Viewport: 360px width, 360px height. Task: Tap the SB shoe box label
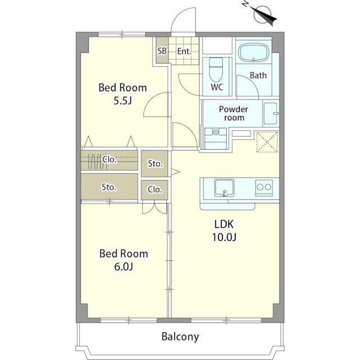pos(162,51)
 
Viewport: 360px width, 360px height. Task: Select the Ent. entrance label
pos(184,51)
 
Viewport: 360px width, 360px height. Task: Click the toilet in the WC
pos(216,69)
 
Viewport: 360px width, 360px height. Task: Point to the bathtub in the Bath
pos(254,53)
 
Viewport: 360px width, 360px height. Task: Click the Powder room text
pos(233,113)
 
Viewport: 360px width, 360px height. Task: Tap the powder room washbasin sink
pos(271,114)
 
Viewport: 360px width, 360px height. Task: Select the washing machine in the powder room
pos(215,138)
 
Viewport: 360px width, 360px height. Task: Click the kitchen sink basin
pos(224,188)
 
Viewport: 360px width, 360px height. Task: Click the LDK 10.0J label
pos(224,231)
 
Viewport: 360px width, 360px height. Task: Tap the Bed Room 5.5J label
pos(123,94)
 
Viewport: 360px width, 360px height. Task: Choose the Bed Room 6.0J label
pos(124,260)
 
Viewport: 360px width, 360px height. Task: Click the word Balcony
pos(180,337)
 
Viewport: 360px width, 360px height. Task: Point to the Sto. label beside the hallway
pos(155,164)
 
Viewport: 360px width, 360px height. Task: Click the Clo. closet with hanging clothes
pos(109,160)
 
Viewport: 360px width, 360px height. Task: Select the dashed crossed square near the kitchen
pos(267,142)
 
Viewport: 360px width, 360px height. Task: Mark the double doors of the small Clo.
pos(155,208)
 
